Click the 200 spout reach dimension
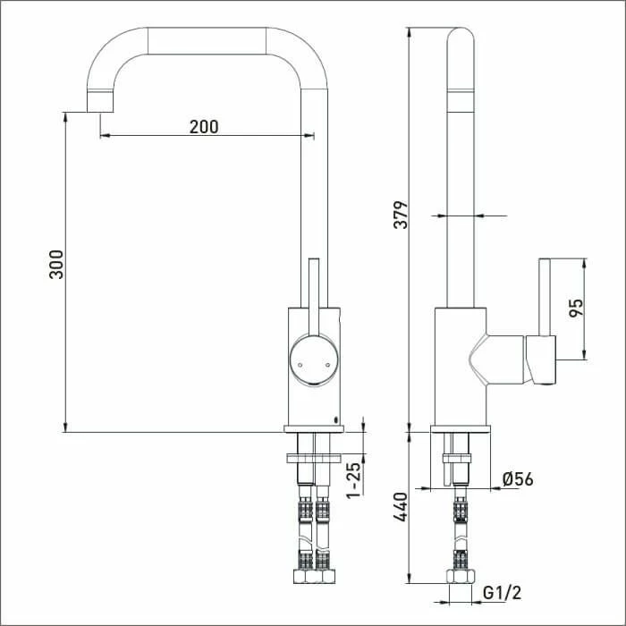click(204, 126)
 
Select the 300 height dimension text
click(56, 266)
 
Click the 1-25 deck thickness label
click(354, 481)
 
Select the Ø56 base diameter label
click(518, 480)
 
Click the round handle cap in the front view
click(312, 360)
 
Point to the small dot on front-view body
click(334, 419)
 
